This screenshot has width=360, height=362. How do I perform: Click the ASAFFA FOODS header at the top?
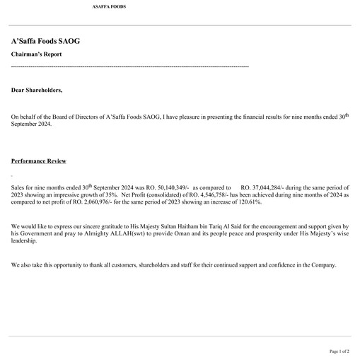point(109,6)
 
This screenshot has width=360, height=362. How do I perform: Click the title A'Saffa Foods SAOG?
point(45,41)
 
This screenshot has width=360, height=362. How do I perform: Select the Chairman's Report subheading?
point(36,54)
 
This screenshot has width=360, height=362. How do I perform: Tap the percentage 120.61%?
point(248,202)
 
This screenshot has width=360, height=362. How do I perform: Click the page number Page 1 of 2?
point(339,351)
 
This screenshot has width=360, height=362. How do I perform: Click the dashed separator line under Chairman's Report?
point(130,66)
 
